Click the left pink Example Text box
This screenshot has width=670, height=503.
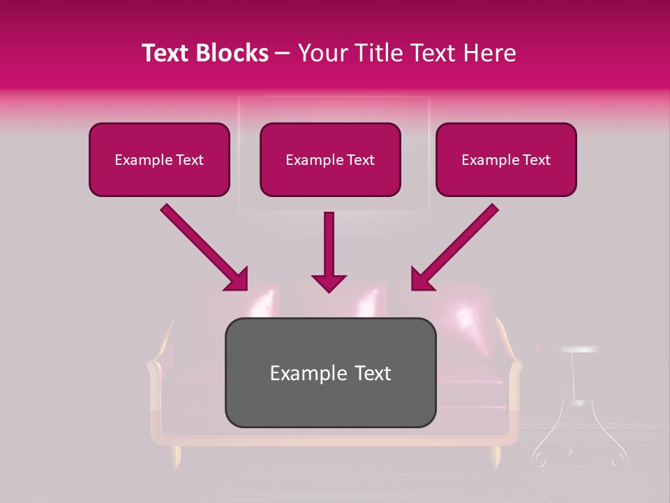point(159,159)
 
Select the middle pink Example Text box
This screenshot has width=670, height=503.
point(330,159)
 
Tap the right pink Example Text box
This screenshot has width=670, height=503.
point(506,159)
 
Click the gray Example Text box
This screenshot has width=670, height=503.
point(330,372)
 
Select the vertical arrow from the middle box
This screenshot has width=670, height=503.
point(329,251)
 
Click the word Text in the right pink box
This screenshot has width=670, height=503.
point(536,160)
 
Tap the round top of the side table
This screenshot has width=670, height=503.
point(580,349)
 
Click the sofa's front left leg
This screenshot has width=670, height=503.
point(177,457)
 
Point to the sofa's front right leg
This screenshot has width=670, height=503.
point(496,457)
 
